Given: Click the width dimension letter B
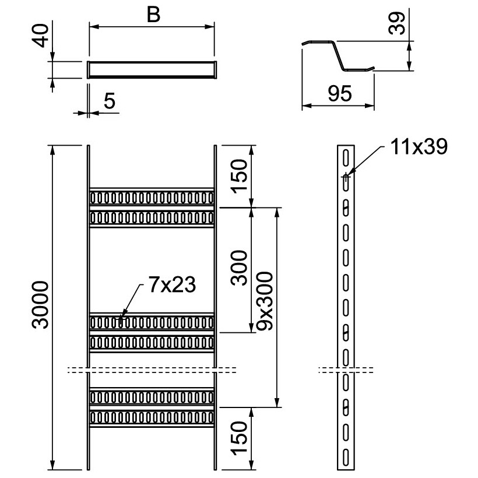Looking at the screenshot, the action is [153, 15].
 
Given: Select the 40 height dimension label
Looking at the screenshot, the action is [41, 36].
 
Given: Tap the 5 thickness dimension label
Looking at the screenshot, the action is [110, 101].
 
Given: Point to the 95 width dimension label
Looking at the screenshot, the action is [340, 94].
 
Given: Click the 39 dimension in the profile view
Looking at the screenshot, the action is [396, 23].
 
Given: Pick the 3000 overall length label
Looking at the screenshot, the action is [40, 305].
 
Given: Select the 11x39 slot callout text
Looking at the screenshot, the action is [419, 147].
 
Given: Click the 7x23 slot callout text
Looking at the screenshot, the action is [172, 284].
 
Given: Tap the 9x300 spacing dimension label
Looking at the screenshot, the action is [265, 301].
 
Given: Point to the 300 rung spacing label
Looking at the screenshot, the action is [239, 268].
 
